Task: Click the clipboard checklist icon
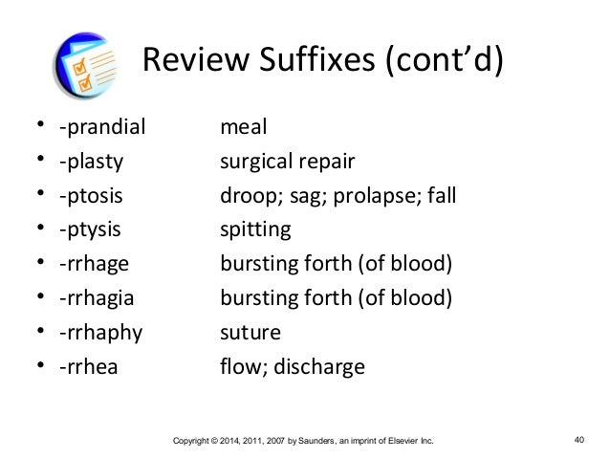click(85, 66)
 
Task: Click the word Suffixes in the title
click(306, 64)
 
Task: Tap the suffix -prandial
click(98, 127)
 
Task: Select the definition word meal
click(243, 127)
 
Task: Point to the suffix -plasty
click(90, 162)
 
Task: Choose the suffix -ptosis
click(90, 196)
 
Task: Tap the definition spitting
click(255, 230)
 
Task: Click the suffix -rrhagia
click(96, 298)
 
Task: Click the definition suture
click(251, 333)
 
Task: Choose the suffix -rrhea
click(88, 367)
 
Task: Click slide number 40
click(578, 441)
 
